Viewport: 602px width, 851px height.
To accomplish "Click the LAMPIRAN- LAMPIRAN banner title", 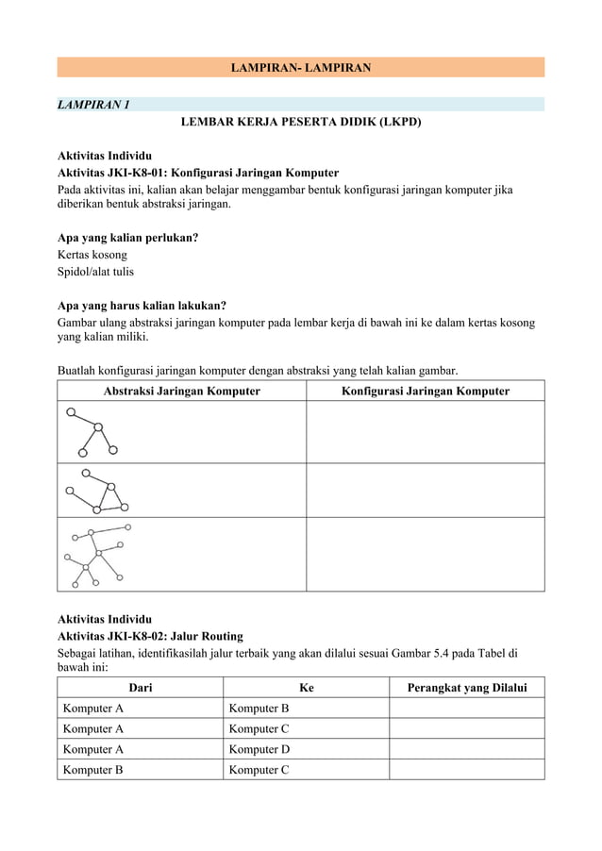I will pyautogui.click(x=300, y=67).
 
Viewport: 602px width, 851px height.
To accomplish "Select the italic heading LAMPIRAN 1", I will pyautogui.click(x=93, y=104).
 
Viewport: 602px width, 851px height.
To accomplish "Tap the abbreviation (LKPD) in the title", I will pyautogui.click(x=399, y=123).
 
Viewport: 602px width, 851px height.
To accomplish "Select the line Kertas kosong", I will pyautogui.click(x=92, y=255).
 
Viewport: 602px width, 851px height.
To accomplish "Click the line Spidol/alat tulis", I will pyautogui.click(x=95, y=272).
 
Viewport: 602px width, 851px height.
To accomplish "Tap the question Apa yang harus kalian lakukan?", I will pyautogui.click(x=142, y=306).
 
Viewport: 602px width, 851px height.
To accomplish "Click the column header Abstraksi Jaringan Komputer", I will pyautogui.click(x=181, y=391).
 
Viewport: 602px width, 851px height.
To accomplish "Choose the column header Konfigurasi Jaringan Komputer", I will pyautogui.click(x=425, y=391).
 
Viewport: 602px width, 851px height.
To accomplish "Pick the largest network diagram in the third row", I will pyautogui.click(x=96, y=555).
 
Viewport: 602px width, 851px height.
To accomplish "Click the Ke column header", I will pyautogui.click(x=306, y=689).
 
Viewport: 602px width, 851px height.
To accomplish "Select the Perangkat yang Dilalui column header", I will pyautogui.click(x=466, y=689).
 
